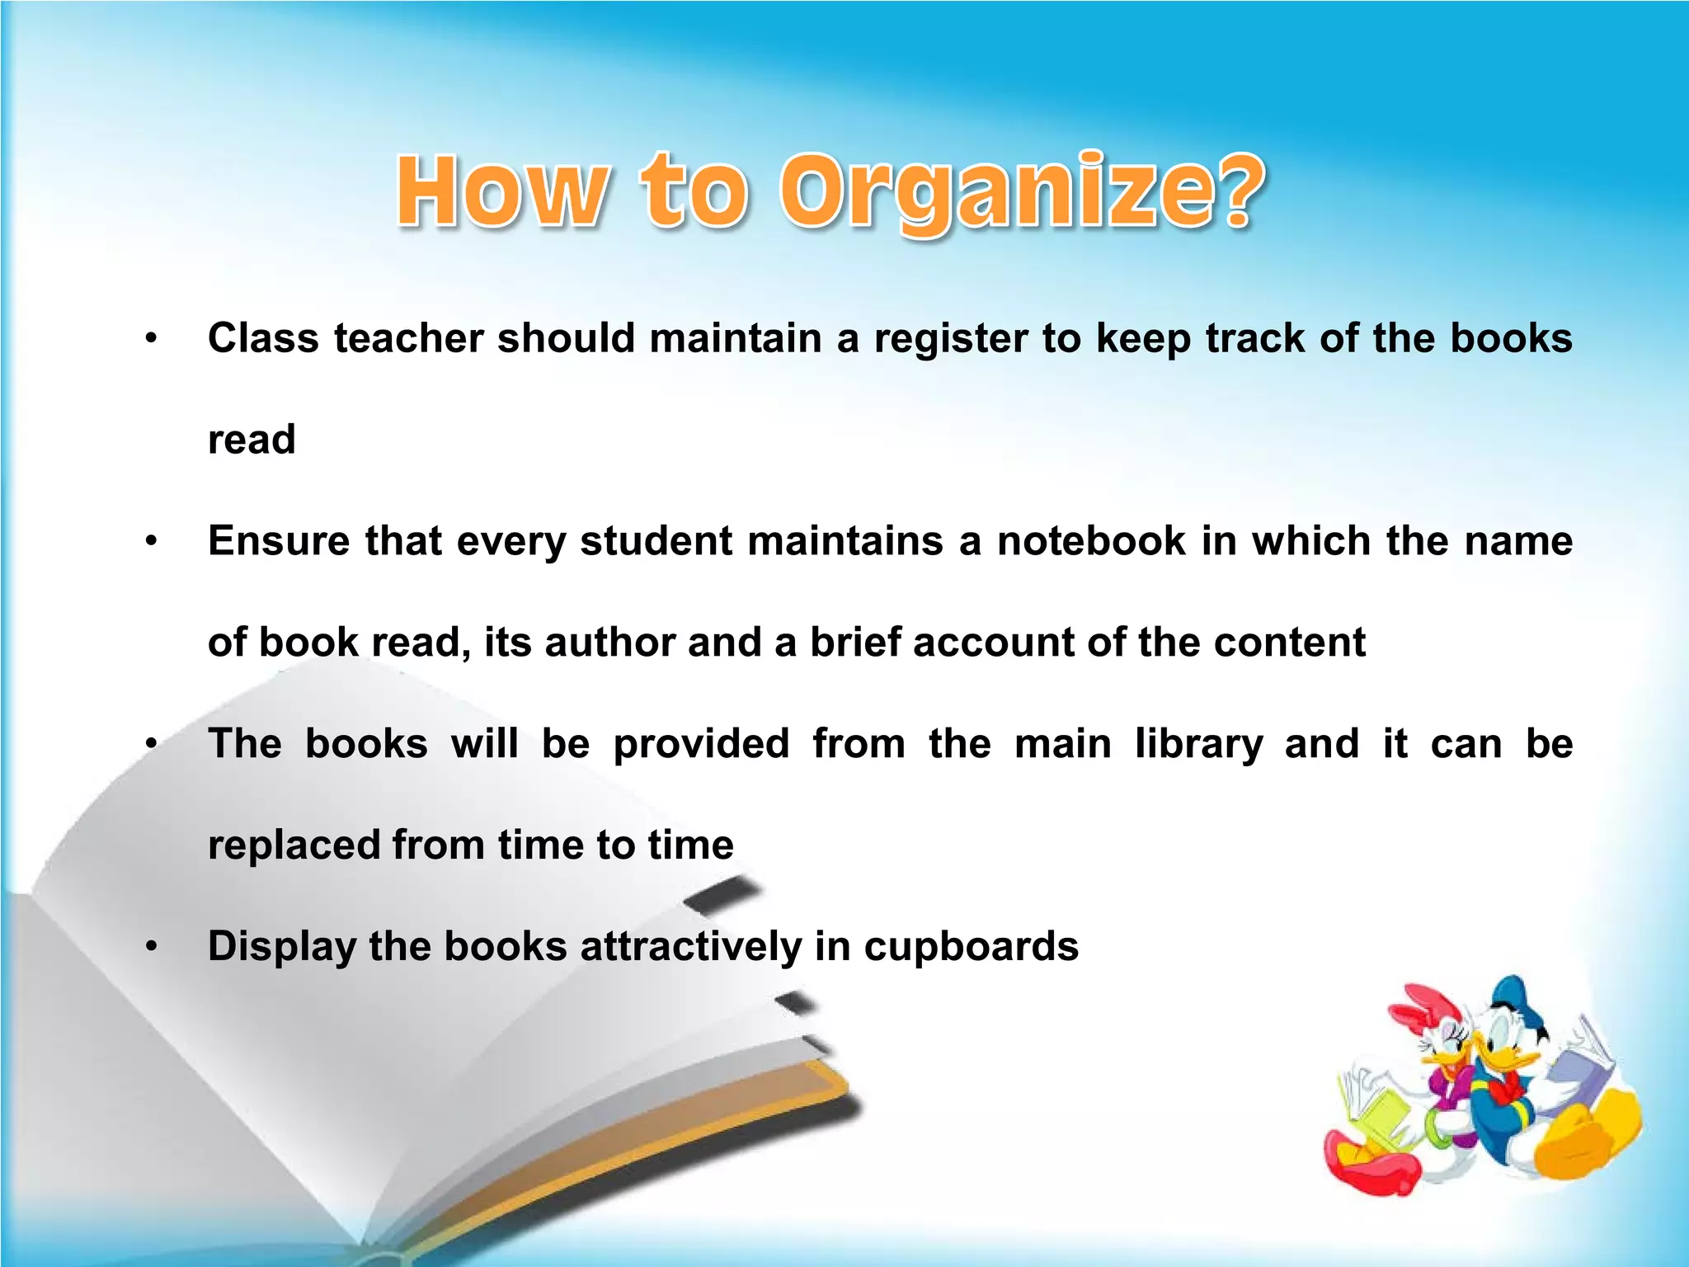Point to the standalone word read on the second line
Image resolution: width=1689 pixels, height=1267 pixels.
(252, 440)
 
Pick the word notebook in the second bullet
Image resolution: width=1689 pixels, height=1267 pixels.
(1092, 541)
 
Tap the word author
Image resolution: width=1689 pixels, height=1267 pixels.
(609, 643)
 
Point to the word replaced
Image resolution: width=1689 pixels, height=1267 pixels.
(294, 845)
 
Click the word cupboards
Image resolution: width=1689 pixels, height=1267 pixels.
(971, 947)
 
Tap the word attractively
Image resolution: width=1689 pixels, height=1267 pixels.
(690, 947)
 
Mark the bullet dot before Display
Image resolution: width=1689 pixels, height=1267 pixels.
(150, 947)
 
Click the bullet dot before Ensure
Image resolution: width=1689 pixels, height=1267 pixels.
(150, 542)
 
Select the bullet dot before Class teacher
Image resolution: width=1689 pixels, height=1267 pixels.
(150, 339)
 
